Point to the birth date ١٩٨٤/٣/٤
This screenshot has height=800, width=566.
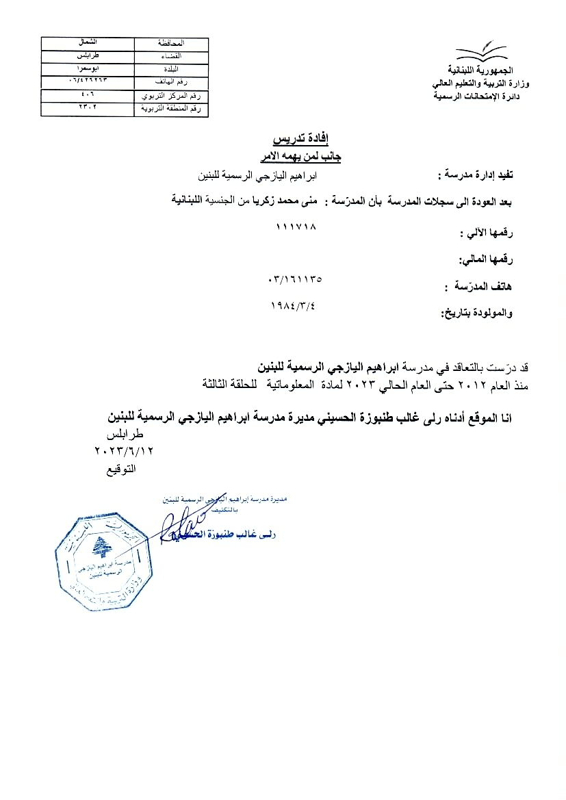coord(298,305)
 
